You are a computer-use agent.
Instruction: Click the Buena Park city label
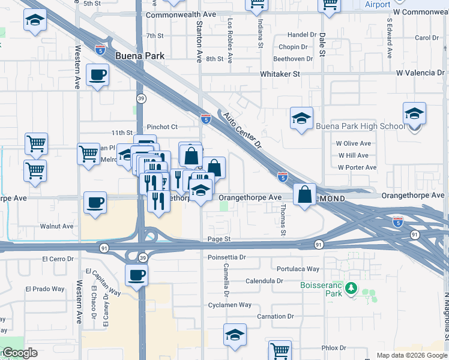point(139,55)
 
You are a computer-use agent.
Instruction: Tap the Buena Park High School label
point(360,126)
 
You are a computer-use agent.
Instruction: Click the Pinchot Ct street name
point(163,127)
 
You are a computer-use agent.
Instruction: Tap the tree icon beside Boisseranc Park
point(351,290)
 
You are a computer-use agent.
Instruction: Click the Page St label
point(219,239)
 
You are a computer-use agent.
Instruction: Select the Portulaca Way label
point(298,269)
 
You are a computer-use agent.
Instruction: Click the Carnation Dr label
point(276,316)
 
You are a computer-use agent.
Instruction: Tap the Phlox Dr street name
point(334,347)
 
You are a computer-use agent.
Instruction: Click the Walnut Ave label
point(56,226)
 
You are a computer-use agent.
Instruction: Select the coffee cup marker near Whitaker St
point(97,76)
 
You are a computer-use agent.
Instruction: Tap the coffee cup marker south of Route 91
point(136,276)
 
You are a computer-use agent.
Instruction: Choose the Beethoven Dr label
point(293,59)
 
